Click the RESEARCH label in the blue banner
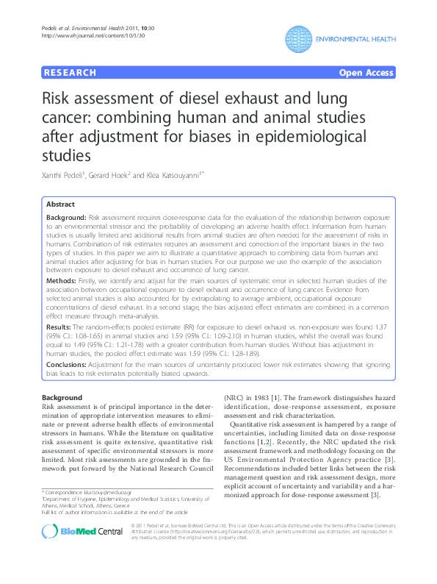tap(71, 73)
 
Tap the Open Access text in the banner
tap(366, 73)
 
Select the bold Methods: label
tap(62, 280)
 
